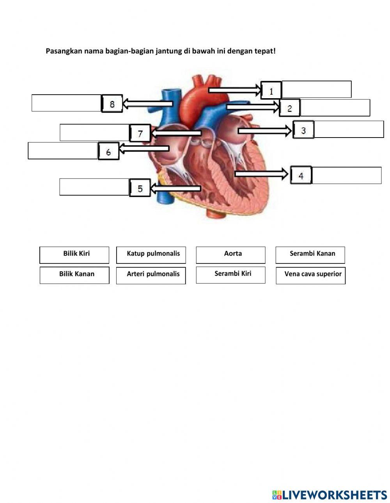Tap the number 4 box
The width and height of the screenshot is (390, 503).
(x=301, y=176)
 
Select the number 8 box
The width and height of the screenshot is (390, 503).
(x=112, y=104)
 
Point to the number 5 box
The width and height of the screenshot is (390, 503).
(x=140, y=189)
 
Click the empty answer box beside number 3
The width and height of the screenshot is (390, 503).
(x=349, y=129)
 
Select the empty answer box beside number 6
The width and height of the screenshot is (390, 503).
(x=63, y=151)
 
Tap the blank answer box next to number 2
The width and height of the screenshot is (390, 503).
(x=335, y=108)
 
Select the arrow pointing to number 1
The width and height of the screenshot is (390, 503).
(x=234, y=90)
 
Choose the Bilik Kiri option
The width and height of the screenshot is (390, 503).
(x=74, y=255)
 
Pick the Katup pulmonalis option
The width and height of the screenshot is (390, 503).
(x=151, y=255)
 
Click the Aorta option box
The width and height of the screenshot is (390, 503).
(x=230, y=255)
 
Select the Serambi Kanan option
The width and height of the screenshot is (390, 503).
(x=310, y=255)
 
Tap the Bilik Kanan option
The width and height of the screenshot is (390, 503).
(x=74, y=275)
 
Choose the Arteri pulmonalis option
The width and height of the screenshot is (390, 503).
(x=151, y=275)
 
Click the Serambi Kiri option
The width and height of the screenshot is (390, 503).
(x=230, y=275)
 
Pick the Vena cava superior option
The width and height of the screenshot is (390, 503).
(x=310, y=275)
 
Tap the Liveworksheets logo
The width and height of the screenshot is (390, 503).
(x=330, y=495)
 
